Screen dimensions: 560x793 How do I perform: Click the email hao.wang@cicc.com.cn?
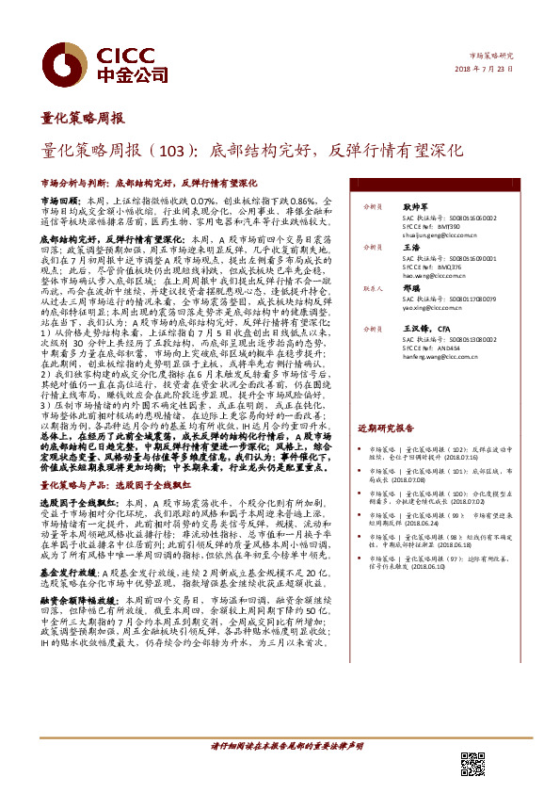[434, 278]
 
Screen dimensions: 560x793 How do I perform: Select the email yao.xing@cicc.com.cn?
[433, 307]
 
